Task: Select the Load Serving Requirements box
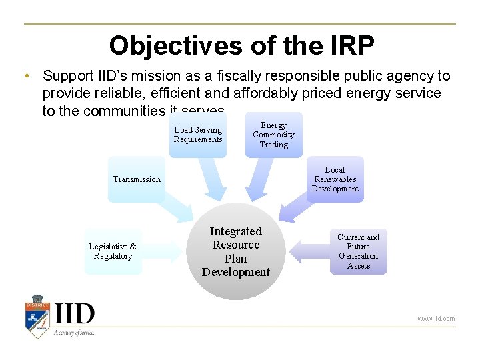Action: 198,135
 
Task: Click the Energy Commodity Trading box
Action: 273,135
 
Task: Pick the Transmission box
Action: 137,179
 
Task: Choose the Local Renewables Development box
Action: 335,179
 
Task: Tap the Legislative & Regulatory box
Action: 113,251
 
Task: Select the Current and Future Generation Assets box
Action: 358,251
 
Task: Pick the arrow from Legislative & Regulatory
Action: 164,251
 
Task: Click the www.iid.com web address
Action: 436,319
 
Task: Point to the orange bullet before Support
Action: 25,77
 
